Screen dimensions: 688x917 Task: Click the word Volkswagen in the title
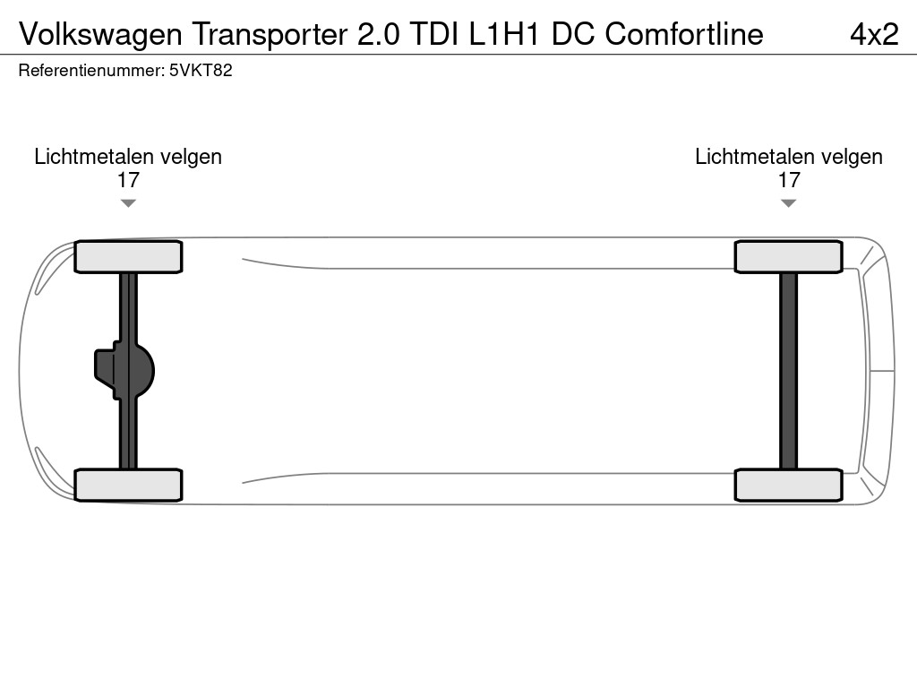(99, 34)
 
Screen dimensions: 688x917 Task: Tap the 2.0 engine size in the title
(377, 34)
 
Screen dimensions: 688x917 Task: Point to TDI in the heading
(433, 34)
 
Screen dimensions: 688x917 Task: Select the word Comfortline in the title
(684, 34)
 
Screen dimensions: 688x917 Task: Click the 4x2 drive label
(873, 34)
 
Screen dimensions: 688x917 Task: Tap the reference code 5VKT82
(201, 71)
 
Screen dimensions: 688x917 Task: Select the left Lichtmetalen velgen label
(128, 157)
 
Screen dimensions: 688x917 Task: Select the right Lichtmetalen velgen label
(788, 157)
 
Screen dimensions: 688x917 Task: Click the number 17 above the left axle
(128, 180)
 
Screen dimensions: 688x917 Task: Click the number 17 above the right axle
(788, 180)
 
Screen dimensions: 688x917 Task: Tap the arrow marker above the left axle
(128, 203)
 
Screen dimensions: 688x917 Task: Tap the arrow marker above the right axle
(788, 203)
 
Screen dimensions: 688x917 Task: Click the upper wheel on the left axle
(128, 257)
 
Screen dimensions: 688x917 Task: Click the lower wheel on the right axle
(788, 485)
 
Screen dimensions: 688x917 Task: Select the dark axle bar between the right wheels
(788, 370)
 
